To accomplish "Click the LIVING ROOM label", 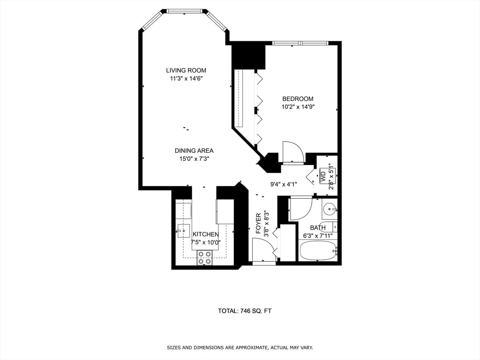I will pyautogui.click(x=186, y=70).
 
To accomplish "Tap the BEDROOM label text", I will pyautogui.click(x=298, y=99).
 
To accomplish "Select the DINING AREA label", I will pyautogui.click(x=194, y=150).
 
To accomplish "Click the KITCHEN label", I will pyautogui.click(x=205, y=234).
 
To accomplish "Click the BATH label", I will pyautogui.click(x=317, y=228).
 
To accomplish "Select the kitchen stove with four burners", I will pyautogui.click(x=204, y=257).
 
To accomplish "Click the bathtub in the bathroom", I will pyautogui.click(x=318, y=251).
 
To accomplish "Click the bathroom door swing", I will pyautogui.click(x=300, y=208).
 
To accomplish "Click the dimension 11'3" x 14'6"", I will pyautogui.click(x=186, y=79).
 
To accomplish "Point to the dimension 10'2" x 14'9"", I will pyautogui.click(x=298, y=107).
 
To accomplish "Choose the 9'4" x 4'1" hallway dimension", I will pyautogui.click(x=284, y=184).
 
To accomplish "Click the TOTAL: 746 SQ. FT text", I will pyautogui.click(x=245, y=311).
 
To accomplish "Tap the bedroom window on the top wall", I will pyautogui.click(x=300, y=43).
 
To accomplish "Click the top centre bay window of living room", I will pyautogui.click(x=184, y=11).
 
